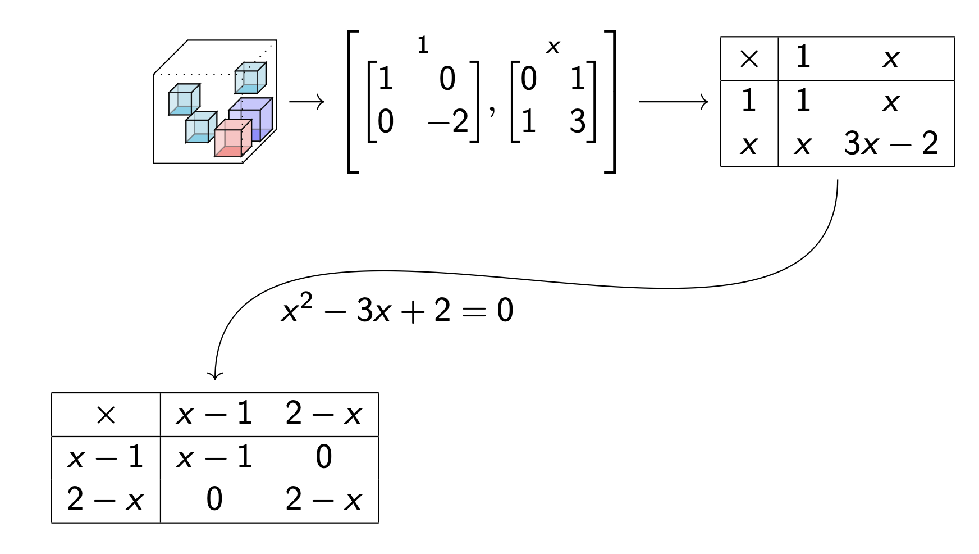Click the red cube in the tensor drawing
(x=231, y=139)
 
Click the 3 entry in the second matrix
(x=578, y=121)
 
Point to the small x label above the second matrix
(x=553, y=47)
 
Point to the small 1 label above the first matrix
(x=423, y=45)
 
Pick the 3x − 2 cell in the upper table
(x=891, y=144)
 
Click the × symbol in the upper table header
(x=749, y=58)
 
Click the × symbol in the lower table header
(x=106, y=415)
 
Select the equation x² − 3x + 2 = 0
(x=397, y=310)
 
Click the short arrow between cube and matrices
(x=306, y=102)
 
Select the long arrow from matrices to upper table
(x=674, y=102)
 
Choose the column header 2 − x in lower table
(x=323, y=415)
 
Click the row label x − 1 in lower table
(x=105, y=457)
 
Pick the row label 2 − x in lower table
(x=105, y=499)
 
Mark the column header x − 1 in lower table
(x=214, y=415)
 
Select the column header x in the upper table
(x=891, y=58)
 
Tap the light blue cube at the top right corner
(x=250, y=78)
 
